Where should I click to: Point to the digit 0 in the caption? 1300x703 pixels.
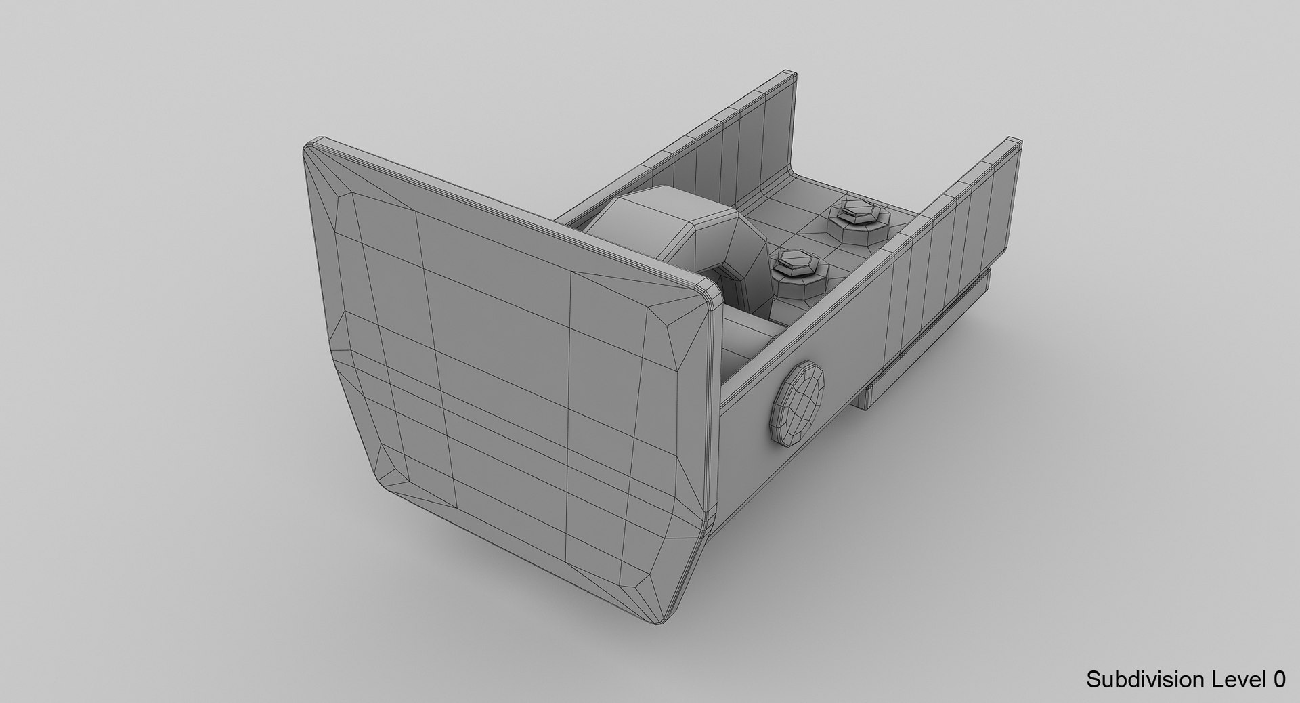point(1278,679)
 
